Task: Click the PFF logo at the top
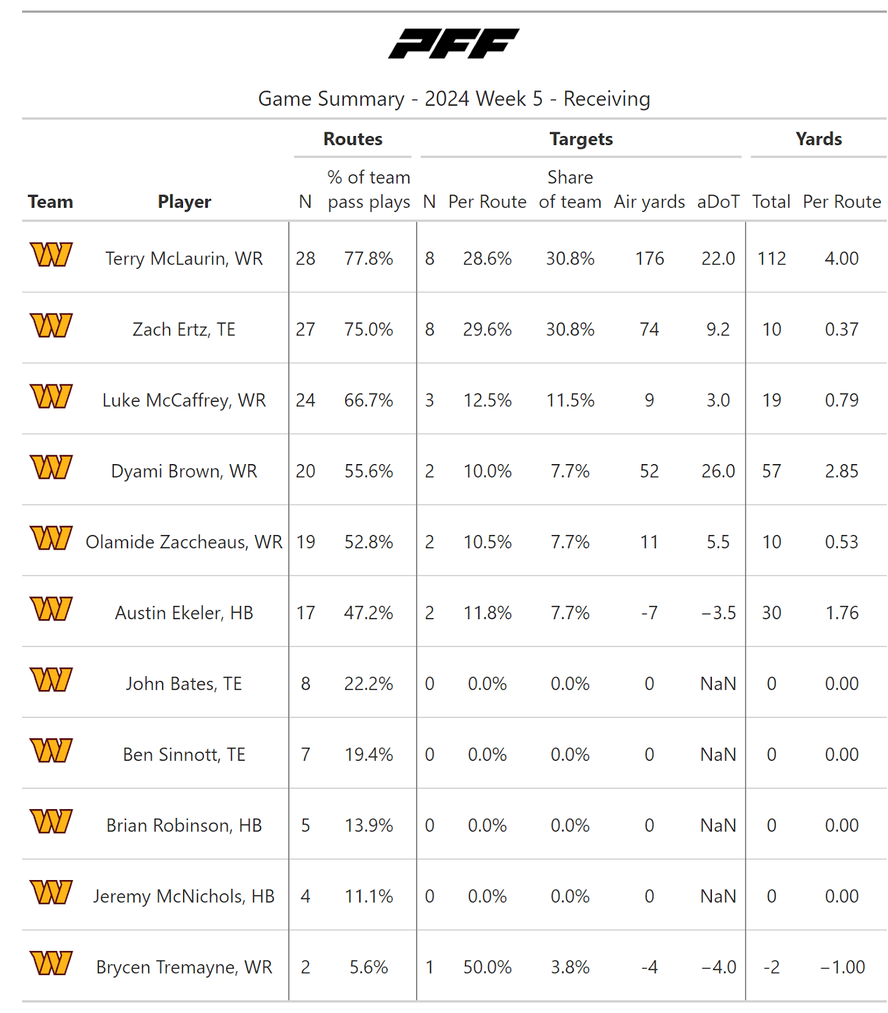454,44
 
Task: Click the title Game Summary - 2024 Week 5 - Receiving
454,99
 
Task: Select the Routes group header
353,139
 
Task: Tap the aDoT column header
718,202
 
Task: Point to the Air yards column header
649,202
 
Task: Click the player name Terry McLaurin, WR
184,258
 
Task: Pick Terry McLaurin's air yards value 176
649,258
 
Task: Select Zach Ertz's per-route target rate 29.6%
487,329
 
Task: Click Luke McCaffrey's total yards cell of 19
771,400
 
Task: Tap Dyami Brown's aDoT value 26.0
718,471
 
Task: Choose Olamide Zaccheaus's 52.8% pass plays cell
369,542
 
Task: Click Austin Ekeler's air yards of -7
649,613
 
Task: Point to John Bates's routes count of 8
305,684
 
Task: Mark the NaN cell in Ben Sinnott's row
718,755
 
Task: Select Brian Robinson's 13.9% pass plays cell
369,826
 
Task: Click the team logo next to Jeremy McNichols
51,892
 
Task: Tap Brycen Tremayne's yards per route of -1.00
842,967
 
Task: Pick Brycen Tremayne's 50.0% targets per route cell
487,967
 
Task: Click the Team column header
50,202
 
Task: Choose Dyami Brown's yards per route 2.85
842,471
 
